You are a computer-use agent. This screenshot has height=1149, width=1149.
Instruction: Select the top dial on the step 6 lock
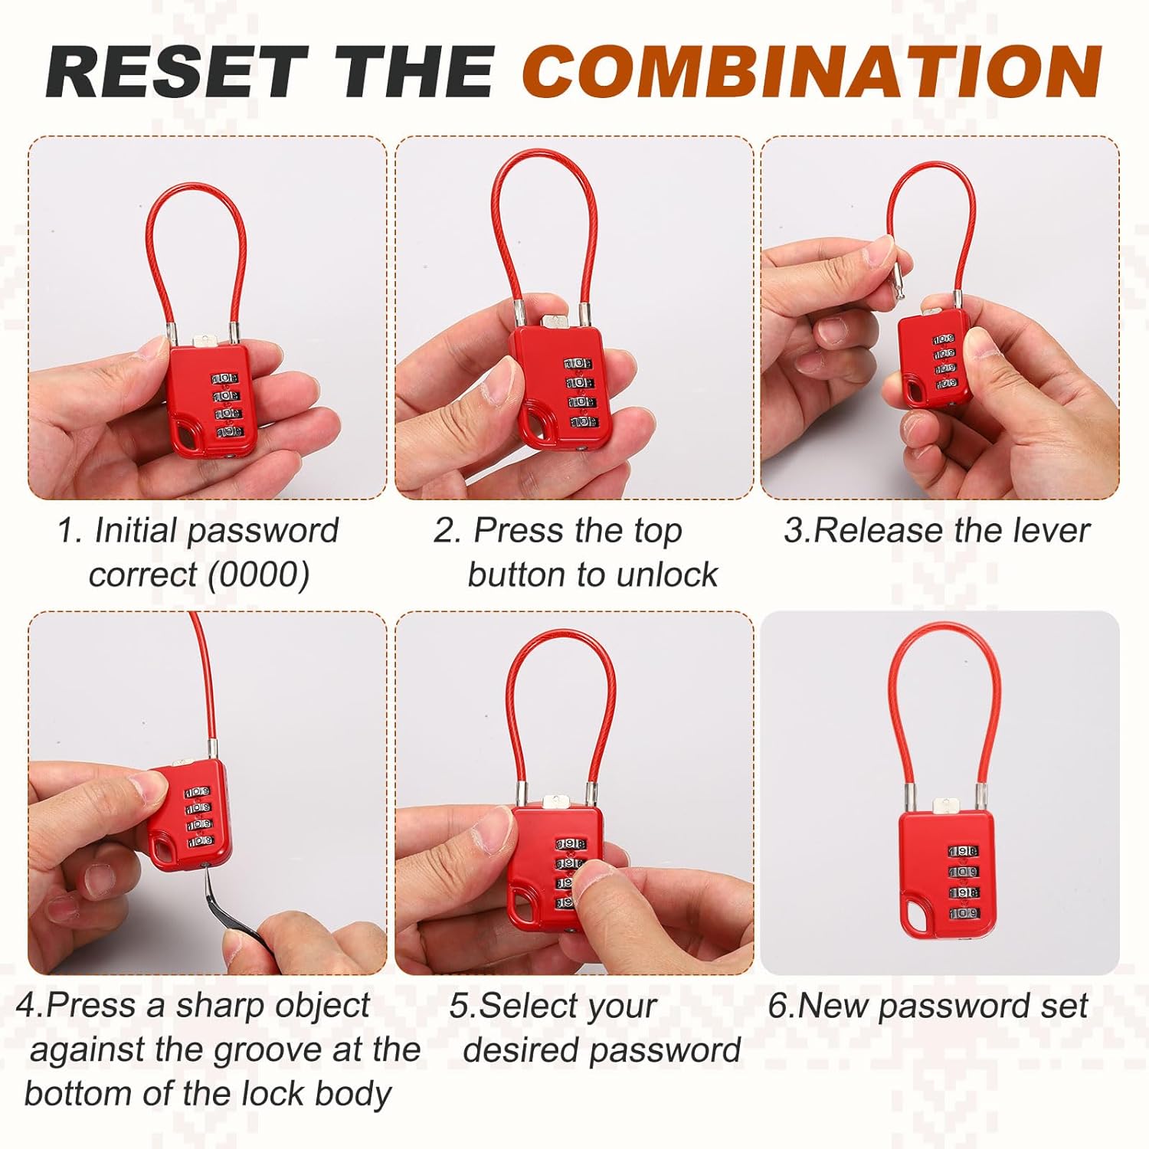pos(963,851)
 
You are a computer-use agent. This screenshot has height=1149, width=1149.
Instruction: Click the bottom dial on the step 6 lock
pos(963,913)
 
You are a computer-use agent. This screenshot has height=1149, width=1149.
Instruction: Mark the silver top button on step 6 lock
pos(947,806)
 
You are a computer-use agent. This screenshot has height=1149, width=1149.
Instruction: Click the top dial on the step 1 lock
pos(224,378)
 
